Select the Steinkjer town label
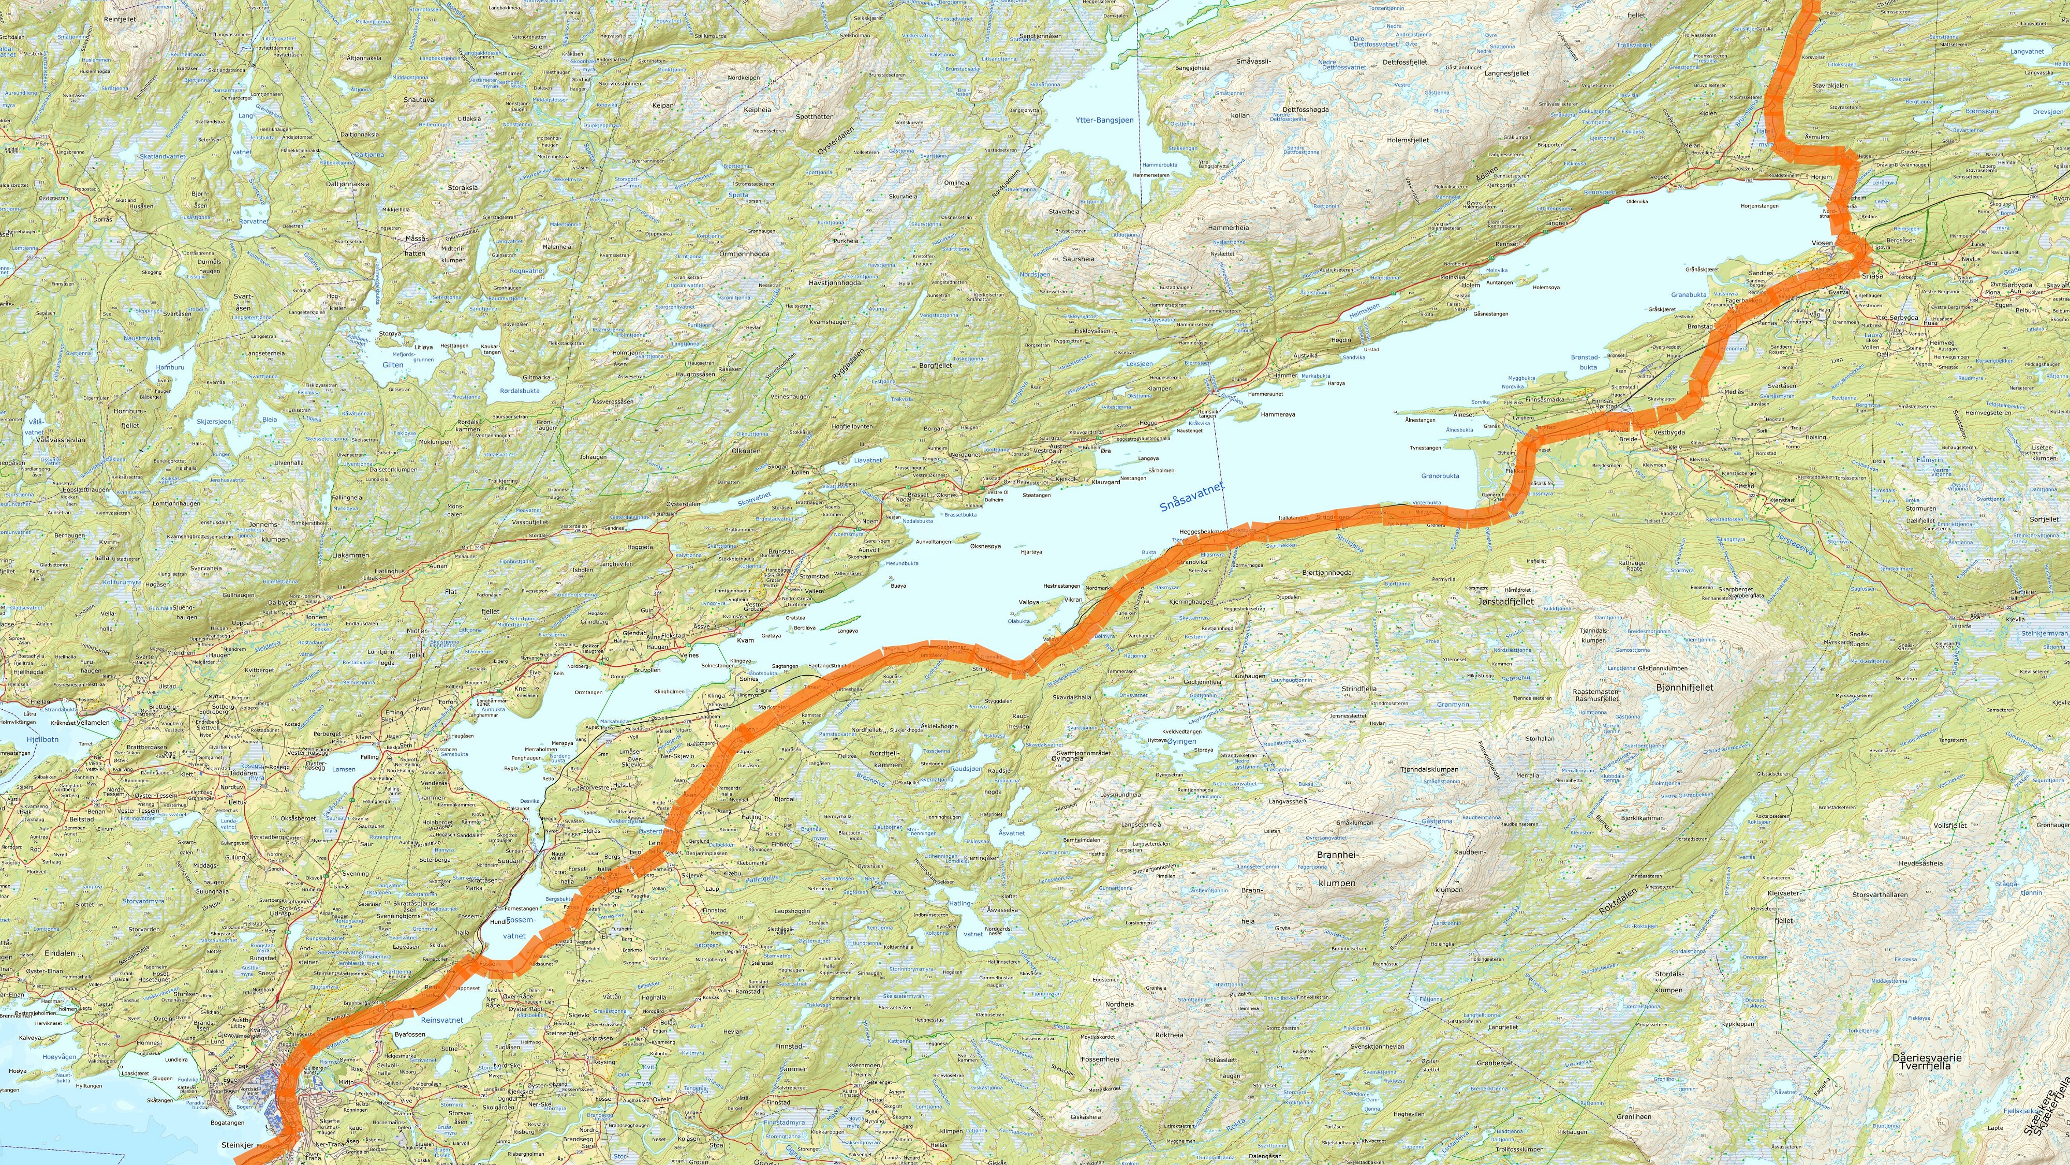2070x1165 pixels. [x=237, y=1144]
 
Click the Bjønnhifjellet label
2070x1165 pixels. [x=1684, y=687]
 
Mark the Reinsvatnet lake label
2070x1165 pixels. [x=442, y=1020]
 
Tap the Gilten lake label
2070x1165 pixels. [x=392, y=365]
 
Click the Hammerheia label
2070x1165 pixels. [x=1229, y=228]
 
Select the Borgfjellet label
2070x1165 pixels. [x=935, y=366]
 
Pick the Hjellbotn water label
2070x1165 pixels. [x=42, y=739]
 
